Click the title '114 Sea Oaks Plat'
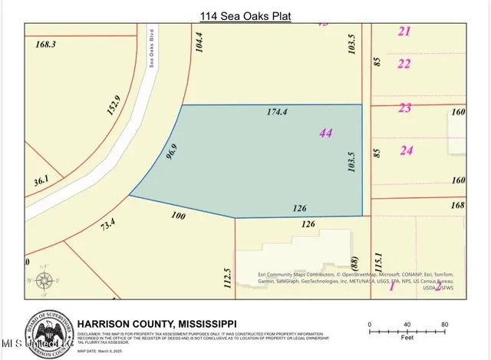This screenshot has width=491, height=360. (x=245, y=15)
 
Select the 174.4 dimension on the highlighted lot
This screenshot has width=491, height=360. (x=276, y=112)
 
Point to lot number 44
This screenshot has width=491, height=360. (x=325, y=133)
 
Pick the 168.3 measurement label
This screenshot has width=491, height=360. (x=47, y=45)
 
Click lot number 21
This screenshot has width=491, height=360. (x=404, y=31)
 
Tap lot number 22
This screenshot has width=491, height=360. (x=404, y=64)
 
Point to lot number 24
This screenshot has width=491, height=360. (x=406, y=150)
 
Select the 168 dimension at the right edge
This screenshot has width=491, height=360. (x=458, y=205)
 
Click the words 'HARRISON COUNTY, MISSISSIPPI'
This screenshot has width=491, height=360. (x=160, y=323)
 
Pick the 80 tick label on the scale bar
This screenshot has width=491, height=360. (x=444, y=324)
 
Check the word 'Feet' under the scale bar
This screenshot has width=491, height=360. (x=407, y=335)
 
